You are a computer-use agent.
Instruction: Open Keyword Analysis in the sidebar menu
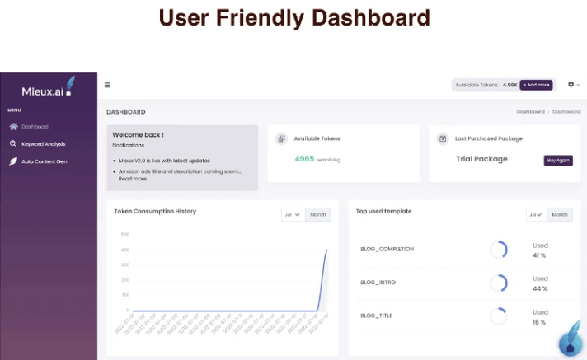[43, 143]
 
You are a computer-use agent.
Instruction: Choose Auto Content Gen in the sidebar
[44, 161]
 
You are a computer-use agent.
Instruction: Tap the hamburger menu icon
[107, 85]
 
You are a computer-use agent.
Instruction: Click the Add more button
[536, 85]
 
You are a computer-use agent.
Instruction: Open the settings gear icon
[571, 85]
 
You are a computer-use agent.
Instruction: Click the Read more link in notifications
[132, 178]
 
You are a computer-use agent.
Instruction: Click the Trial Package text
[481, 159]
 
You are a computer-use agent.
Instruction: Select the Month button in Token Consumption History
[317, 215]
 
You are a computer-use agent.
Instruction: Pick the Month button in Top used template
[560, 215]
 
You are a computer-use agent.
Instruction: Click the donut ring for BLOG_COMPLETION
[498, 250]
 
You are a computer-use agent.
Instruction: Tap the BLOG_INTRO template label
[378, 283]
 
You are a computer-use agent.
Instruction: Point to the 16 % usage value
[539, 323]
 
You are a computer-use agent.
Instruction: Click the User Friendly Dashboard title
[293, 17]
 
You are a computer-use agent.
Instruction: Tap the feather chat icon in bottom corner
[570, 342]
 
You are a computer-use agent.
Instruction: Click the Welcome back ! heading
[138, 134]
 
